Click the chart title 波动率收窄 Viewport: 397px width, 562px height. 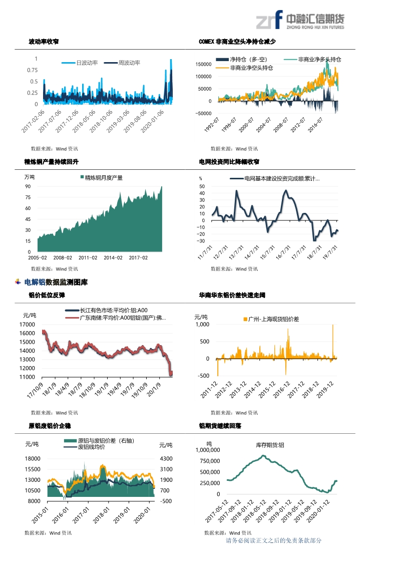(44, 42)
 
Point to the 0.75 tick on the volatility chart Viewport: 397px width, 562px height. (32, 70)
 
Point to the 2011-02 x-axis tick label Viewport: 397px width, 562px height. (88, 257)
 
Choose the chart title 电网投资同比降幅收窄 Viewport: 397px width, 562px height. (229, 162)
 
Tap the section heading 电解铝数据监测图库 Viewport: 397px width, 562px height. (63, 283)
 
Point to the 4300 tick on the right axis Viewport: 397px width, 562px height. (166, 459)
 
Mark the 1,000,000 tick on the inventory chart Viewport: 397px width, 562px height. (207, 450)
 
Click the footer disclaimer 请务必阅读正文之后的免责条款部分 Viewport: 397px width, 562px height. (274, 540)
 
